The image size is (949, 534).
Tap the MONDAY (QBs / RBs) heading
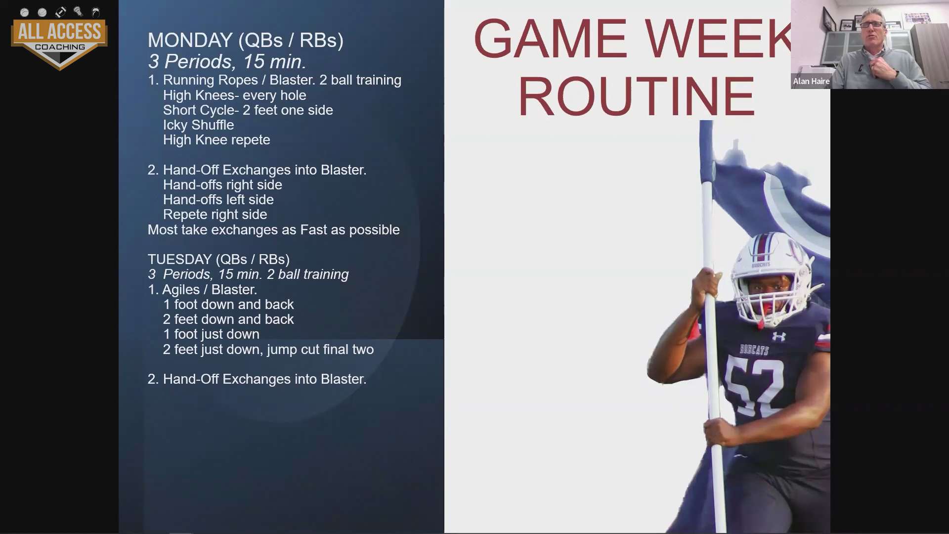tap(246, 41)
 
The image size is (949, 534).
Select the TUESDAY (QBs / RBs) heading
tap(218, 260)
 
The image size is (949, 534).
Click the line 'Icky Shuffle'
tap(198, 125)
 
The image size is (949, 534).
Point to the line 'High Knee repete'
tap(216, 140)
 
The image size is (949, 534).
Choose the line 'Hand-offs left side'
tap(218, 200)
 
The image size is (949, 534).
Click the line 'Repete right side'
tap(215, 215)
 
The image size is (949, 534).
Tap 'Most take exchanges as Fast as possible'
tap(273, 230)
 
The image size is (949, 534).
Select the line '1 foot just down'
tap(211, 334)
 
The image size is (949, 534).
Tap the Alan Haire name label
tap(811, 81)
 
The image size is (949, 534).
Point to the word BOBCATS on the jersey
tap(754, 350)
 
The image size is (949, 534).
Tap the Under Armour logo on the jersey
tap(779, 336)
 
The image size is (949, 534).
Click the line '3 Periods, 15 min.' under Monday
tap(227, 62)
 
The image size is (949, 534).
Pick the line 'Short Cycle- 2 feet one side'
tap(248, 110)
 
